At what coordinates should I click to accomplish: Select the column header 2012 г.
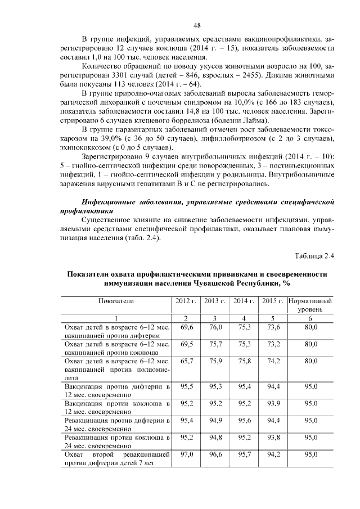point(186,301)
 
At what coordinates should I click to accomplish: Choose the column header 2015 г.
point(273,301)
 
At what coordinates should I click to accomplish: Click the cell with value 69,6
point(186,327)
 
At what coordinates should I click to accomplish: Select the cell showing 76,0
point(216,327)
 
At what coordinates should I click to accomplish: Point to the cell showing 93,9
point(273,404)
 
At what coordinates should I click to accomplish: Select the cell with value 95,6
point(244,420)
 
